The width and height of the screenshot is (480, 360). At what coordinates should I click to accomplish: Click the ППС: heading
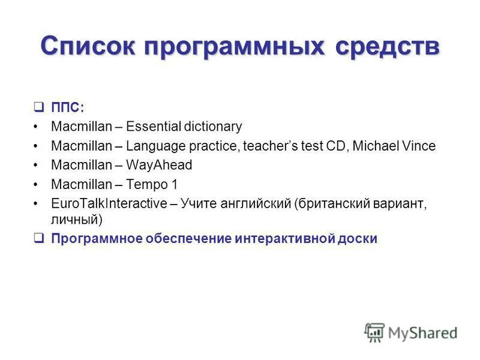point(68,107)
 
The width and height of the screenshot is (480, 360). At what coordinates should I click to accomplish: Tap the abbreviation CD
point(344,146)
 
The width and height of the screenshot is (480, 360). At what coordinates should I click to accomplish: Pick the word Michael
point(380,146)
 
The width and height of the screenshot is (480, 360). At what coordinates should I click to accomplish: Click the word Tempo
point(146,184)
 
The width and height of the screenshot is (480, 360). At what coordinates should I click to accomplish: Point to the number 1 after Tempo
point(175,184)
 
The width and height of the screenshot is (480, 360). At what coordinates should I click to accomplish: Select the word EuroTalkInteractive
point(108,204)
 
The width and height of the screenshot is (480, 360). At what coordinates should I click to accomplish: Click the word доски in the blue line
point(358,238)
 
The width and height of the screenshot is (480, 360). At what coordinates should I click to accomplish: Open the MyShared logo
point(410,332)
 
